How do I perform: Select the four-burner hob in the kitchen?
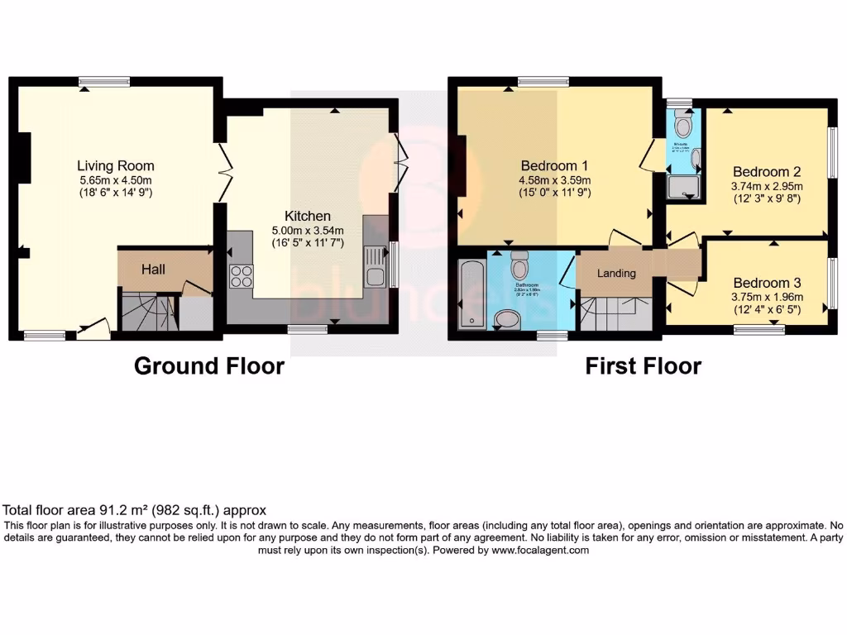point(242,275)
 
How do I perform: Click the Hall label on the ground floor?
point(153,269)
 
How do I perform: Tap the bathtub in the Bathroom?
point(471,294)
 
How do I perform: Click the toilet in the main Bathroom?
point(520,265)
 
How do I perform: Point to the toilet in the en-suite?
point(683,125)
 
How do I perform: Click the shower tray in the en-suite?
point(684,189)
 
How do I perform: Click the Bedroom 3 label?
point(767,282)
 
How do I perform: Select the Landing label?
point(616,274)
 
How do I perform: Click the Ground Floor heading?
point(209,365)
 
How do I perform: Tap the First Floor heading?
point(643,365)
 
